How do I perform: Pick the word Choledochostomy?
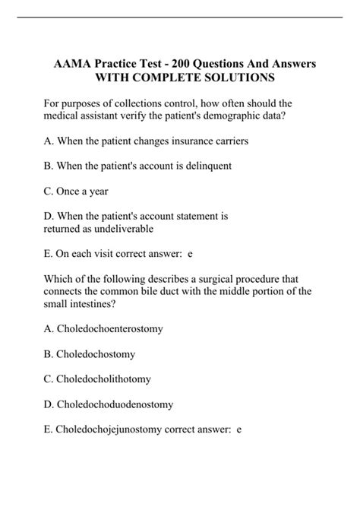coord(99,353)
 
